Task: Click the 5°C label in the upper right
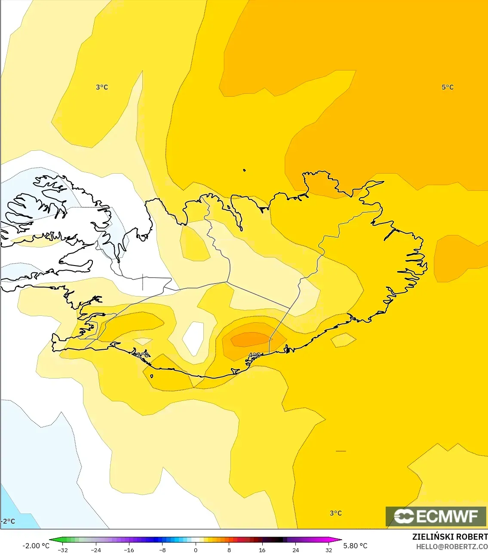[447, 87]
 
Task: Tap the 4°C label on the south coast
[255, 355]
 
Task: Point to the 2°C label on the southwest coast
[142, 355]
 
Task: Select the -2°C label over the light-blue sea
[8, 521]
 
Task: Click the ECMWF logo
[436, 516]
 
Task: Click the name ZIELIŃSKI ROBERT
[450, 537]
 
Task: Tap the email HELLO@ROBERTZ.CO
[451, 547]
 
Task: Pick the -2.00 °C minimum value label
[36, 546]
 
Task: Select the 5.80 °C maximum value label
[355, 546]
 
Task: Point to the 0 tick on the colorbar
[196, 550]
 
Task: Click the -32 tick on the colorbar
[62, 550]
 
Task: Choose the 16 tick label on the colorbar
[262, 550]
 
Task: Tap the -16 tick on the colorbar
[129, 550]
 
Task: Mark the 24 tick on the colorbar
[296, 550]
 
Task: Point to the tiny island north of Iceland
[244, 170]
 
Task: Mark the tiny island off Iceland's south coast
[152, 376]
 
